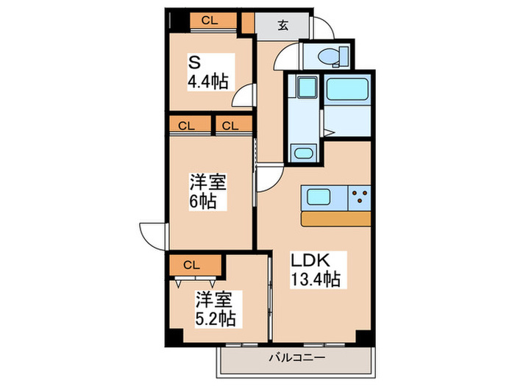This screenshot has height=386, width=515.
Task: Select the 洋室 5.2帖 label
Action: (x=215, y=308)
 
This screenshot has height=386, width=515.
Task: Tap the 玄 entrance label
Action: (x=283, y=24)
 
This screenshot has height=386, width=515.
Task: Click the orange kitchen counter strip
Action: (x=335, y=219)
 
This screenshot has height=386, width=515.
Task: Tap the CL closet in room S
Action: (x=210, y=21)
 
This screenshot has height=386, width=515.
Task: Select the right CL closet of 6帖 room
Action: (x=230, y=125)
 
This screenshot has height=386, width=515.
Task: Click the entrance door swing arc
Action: (x=322, y=27)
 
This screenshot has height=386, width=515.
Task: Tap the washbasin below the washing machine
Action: (x=303, y=153)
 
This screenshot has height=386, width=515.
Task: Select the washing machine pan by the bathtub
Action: (x=304, y=90)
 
